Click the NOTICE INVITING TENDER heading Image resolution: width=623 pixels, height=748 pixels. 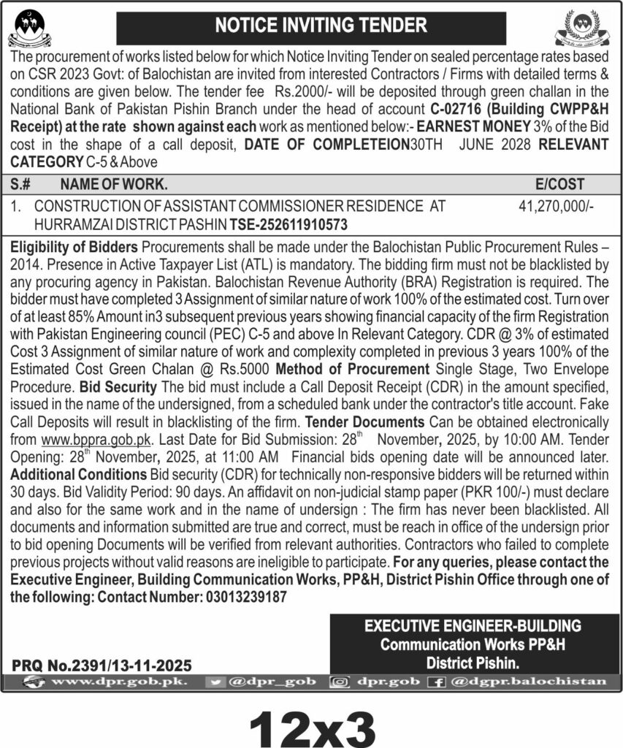321,26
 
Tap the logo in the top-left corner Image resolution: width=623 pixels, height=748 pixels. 30,29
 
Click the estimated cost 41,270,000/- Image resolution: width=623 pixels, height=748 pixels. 556,207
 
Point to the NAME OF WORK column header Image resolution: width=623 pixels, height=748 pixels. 114,185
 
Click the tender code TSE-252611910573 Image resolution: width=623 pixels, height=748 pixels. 288,224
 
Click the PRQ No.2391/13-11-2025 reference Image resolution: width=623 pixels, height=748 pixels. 102,665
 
